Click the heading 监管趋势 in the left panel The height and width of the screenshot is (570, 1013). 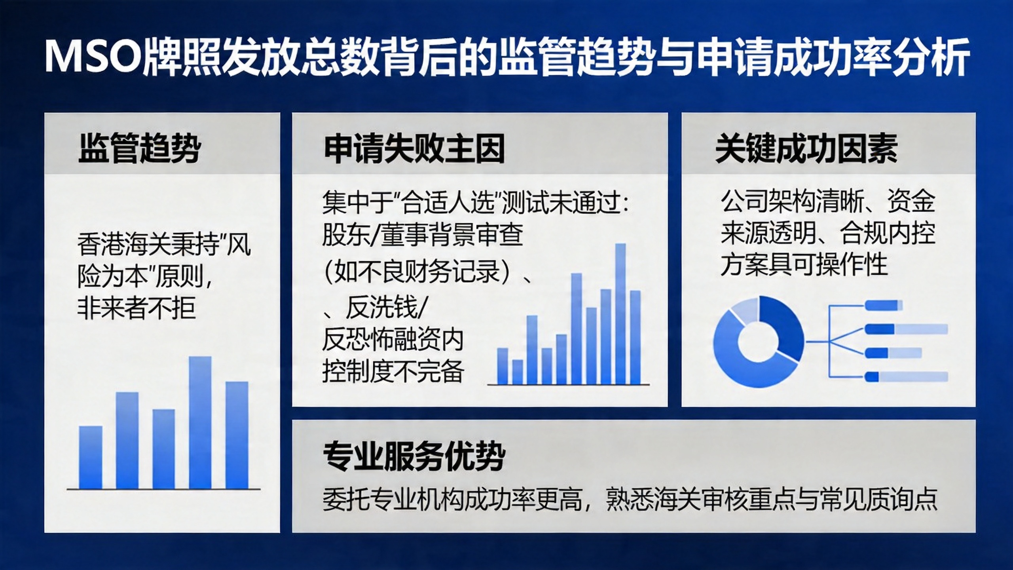pos(139,148)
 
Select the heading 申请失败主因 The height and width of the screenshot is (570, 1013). pos(414,149)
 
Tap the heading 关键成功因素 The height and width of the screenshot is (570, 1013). pos(806,148)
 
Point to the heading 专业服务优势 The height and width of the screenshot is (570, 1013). pos(414,456)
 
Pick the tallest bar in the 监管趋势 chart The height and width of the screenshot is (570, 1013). pos(200,422)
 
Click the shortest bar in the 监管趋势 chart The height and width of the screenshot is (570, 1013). pos(91,457)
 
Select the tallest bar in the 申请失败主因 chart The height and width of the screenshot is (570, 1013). pos(620,313)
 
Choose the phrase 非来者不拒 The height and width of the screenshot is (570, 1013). pos(137,308)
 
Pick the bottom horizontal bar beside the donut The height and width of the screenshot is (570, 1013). pos(906,377)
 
